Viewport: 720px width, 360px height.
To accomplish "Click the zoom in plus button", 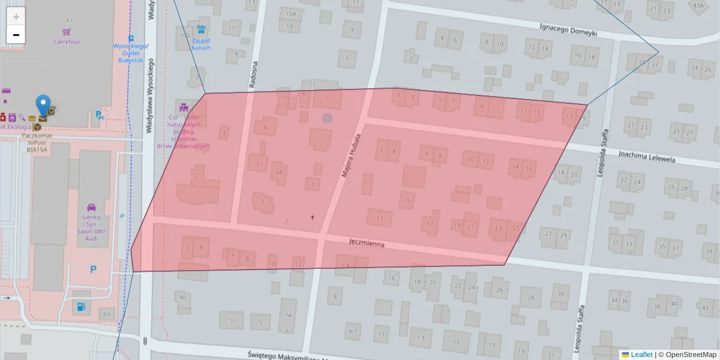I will (x=16, y=17).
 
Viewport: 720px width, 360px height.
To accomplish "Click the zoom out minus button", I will (x=16, y=35).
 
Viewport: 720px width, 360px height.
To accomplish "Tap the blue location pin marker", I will (x=43, y=106).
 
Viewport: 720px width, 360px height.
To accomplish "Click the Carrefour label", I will (x=67, y=42).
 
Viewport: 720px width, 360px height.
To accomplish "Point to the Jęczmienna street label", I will (x=366, y=244).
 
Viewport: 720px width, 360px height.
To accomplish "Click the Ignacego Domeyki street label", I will (x=568, y=29).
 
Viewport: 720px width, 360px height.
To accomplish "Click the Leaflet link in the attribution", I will (x=641, y=355).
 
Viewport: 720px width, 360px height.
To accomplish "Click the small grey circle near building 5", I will (x=327, y=118).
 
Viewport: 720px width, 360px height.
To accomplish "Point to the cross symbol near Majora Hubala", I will (x=312, y=217).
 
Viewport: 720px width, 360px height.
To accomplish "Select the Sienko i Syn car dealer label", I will (x=91, y=227).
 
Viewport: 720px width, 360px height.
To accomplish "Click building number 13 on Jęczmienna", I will (x=379, y=218).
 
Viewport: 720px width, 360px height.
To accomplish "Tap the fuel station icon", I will (x=80, y=307).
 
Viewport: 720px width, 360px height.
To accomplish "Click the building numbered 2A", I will (x=278, y=172).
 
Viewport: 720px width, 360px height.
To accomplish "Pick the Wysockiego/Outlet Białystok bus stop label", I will (x=131, y=53).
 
